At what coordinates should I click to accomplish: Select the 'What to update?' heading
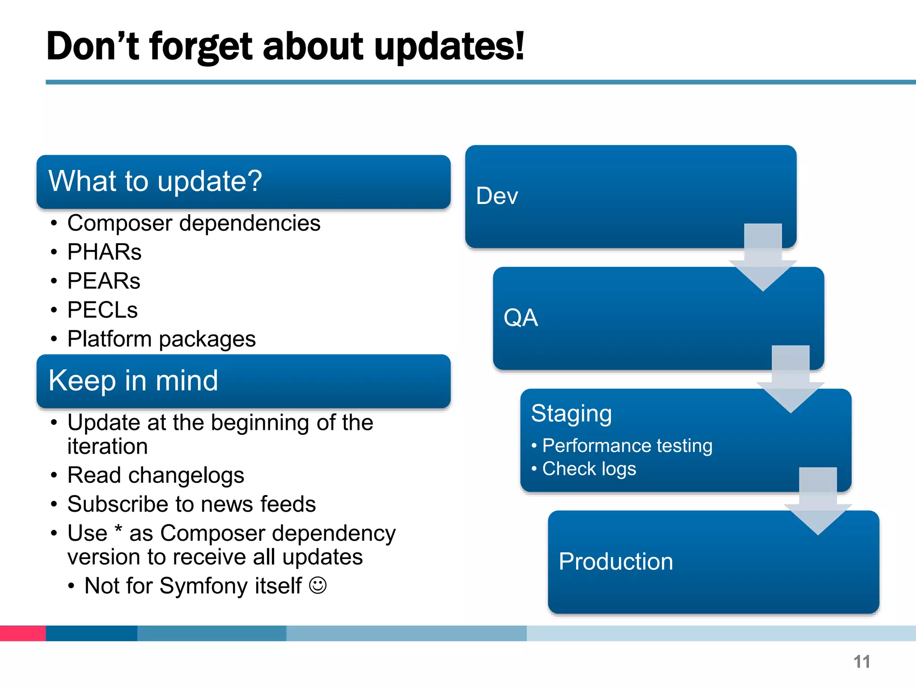[155, 181]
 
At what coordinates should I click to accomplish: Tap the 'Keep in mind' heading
[133, 381]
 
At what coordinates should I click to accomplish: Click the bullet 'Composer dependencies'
[194, 223]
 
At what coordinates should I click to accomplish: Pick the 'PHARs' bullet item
[104, 252]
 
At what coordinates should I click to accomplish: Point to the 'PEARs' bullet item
[104, 281]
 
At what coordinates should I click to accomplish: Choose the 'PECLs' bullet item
[102, 310]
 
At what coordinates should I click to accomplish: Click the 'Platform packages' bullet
[161, 339]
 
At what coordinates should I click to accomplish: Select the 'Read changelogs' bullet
[156, 475]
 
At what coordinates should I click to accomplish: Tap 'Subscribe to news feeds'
[191, 504]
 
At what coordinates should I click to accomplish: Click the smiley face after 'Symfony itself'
[318, 585]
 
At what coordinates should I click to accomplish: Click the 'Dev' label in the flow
[497, 196]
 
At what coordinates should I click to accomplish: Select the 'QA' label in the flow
[521, 318]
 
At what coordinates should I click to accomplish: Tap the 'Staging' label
[571, 413]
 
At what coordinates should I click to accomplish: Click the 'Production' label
[616, 561]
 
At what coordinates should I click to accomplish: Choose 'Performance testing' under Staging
[627, 446]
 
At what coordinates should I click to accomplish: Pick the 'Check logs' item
[589, 469]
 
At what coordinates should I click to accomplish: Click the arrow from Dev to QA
[763, 259]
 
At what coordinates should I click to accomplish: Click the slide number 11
[861, 662]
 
